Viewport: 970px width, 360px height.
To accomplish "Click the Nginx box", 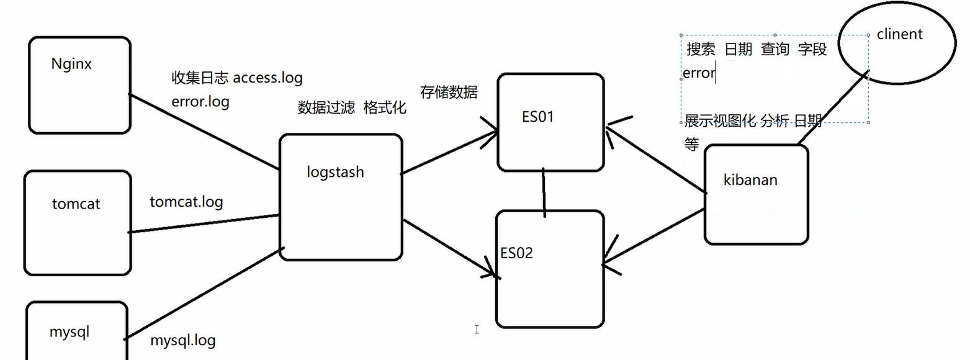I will pyautogui.click(x=79, y=85).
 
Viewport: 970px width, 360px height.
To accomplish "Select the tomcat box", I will pyautogui.click(x=78, y=223).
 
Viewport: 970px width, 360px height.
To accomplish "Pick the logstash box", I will pyautogui.click(x=341, y=197).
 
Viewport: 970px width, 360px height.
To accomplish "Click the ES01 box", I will pyautogui.click(x=550, y=122).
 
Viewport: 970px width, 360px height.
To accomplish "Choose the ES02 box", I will pyautogui.click(x=550, y=269).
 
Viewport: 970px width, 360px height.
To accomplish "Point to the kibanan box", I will pyautogui.click(x=756, y=194).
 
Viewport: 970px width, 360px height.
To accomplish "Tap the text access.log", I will pyautogui.click(x=267, y=78).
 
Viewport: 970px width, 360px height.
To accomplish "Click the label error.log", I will pyautogui.click(x=200, y=101).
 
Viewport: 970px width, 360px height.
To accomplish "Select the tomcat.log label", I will pyautogui.click(x=186, y=202).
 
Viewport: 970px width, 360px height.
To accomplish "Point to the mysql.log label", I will pyautogui.click(x=183, y=340).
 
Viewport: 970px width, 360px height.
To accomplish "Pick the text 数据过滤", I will pyautogui.click(x=326, y=108).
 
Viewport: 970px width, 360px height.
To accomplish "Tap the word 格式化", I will pyautogui.click(x=385, y=108).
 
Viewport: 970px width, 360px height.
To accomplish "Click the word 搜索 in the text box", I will pyautogui.click(x=701, y=50).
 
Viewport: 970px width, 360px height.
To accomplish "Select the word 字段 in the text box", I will pyautogui.click(x=812, y=50).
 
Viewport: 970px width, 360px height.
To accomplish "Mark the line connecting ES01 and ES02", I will pyautogui.click(x=544, y=192).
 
